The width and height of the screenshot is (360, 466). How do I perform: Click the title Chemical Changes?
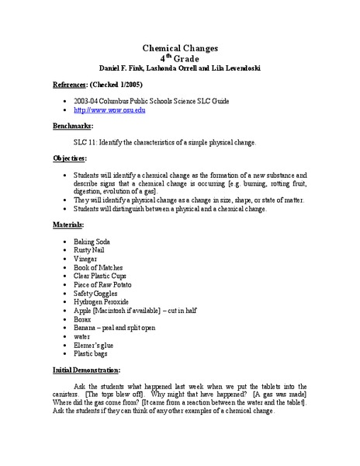click(x=179, y=48)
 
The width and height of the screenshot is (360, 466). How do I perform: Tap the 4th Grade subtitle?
click(x=179, y=58)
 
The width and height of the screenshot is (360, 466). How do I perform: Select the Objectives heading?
click(x=72, y=160)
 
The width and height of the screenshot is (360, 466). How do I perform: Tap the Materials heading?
click(x=71, y=224)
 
